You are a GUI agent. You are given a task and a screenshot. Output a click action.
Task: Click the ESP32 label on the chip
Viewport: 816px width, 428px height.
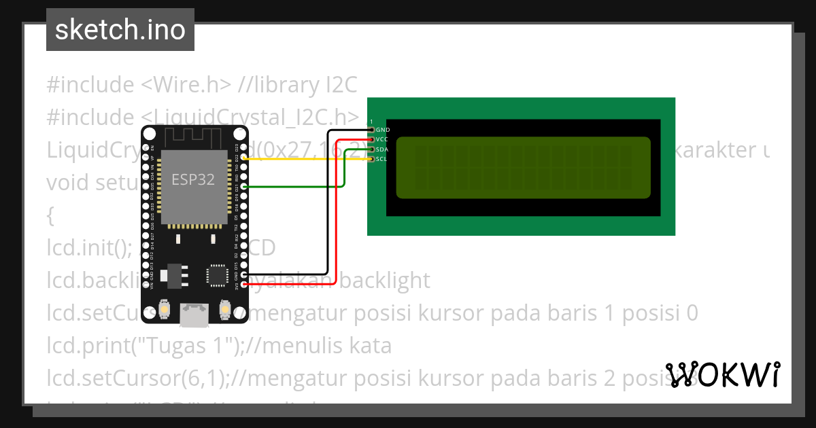click(192, 179)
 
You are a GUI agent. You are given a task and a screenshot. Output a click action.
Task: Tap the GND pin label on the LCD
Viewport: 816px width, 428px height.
click(383, 129)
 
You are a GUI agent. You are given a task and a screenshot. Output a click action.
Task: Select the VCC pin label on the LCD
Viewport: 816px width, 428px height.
click(382, 139)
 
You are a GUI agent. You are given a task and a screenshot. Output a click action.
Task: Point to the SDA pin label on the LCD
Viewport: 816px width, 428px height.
click(382, 149)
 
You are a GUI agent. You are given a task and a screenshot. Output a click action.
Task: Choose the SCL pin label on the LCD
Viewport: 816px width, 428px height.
click(381, 159)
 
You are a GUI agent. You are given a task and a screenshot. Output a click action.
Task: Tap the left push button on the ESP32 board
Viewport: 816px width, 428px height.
click(164, 310)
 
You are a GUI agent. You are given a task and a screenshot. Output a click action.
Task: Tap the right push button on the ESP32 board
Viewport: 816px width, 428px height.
click(224, 310)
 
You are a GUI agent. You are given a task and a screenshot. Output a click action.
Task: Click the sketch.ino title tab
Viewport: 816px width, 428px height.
click(120, 30)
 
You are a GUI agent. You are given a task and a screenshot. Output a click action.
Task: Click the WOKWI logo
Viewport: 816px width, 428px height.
click(722, 374)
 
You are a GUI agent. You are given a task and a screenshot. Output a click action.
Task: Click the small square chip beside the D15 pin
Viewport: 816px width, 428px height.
click(217, 275)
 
